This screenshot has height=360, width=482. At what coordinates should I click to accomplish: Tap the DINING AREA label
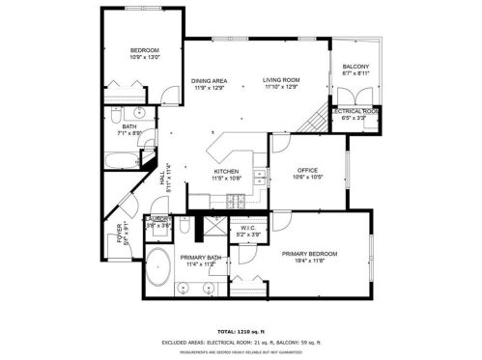click(208, 81)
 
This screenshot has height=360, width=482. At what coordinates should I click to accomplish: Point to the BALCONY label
click(355, 66)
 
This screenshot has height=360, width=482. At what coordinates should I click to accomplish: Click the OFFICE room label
click(307, 170)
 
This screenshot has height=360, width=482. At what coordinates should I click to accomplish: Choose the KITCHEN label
click(226, 172)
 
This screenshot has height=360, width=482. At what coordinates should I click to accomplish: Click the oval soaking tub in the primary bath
click(158, 268)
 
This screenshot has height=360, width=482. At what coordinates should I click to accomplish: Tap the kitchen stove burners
click(234, 201)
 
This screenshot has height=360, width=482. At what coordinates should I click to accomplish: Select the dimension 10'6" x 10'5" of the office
click(307, 177)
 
